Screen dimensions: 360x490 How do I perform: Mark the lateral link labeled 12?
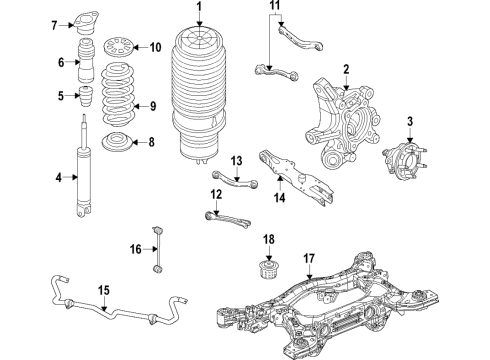pos(226,214)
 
